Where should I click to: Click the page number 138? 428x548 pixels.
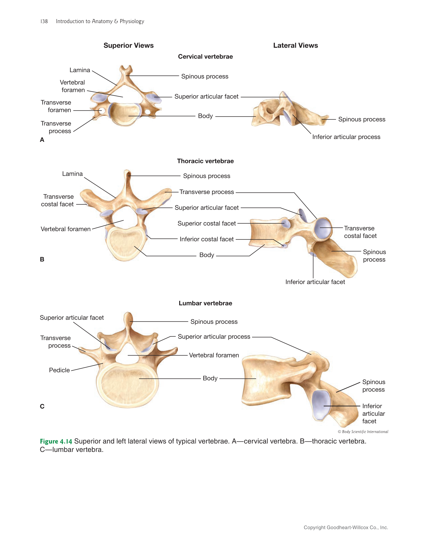[x=44, y=21]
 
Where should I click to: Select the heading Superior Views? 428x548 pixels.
[x=128, y=45]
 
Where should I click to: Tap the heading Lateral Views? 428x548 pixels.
[x=295, y=45]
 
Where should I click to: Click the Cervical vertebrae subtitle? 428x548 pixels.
[x=205, y=57]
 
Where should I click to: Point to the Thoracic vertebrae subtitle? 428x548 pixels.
[x=205, y=161]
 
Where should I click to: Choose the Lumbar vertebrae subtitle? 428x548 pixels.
[x=205, y=303]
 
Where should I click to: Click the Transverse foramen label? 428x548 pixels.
[x=56, y=106]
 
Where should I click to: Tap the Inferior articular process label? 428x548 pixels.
[x=346, y=137]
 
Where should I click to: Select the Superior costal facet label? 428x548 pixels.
[x=207, y=223]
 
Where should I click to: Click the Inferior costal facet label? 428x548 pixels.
[x=207, y=239]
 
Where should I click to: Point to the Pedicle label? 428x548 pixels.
[x=59, y=370]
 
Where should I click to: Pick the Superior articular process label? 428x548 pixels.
[x=214, y=337]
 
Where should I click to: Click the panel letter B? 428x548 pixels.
[x=42, y=259]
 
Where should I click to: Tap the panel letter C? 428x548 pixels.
[x=42, y=406]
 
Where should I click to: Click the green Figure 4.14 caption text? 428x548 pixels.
[x=56, y=441]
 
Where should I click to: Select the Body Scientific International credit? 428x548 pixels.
[x=363, y=432]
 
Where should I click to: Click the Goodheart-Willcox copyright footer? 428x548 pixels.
[x=346, y=527]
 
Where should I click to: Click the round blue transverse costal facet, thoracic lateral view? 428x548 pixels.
[x=323, y=228]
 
